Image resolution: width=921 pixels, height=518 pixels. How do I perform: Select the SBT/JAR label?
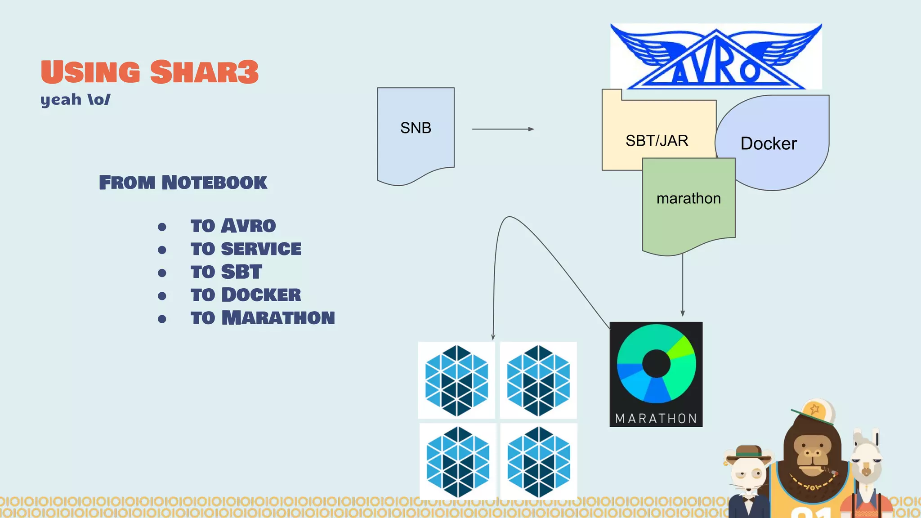pyautogui.click(x=657, y=141)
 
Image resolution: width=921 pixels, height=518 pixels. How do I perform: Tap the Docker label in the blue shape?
pyautogui.click(x=768, y=143)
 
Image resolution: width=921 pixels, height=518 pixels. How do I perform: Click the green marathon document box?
pyautogui.click(x=689, y=207)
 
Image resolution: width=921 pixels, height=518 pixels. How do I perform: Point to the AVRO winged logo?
pyautogui.click(x=716, y=57)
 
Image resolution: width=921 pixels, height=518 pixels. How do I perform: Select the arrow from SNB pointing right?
pyautogui.click(x=503, y=129)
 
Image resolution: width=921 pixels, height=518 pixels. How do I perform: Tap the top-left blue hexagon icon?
pyautogui.click(x=456, y=380)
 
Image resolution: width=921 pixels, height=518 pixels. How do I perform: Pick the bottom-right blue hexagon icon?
pyautogui.click(x=539, y=462)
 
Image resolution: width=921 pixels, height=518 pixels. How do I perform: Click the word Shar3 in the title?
pyautogui.click(x=204, y=72)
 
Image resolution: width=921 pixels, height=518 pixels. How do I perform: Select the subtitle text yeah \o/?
pyautogui.click(x=75, y=99)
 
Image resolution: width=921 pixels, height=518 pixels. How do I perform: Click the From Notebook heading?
pyautogui.click(x=183, y=183)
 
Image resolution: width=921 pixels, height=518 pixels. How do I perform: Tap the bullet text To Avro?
pyautogui.click(x=233, y=226)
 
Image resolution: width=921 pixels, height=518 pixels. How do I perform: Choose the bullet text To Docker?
pyautogui.click(x=246, y=295)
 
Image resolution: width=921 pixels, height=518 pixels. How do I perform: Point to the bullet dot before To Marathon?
pyautogui.click(x=162, y=319)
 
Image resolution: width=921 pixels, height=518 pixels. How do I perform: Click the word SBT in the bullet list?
pyautogui.click(x=241, y=272)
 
